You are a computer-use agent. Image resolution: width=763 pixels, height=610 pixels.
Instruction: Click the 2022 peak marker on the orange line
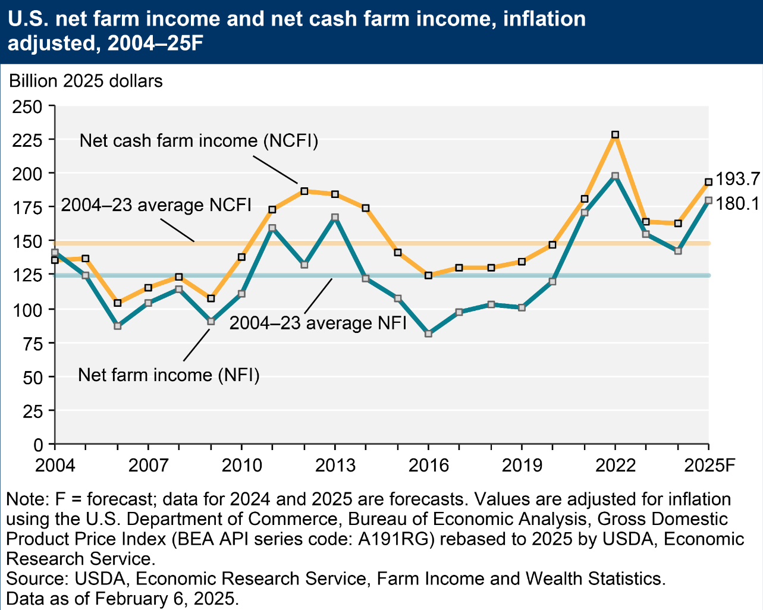click(616, 135)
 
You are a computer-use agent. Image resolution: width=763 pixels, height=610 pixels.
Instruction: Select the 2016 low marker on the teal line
click(428, 334)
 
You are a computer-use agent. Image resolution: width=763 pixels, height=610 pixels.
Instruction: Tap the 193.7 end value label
click(737, 179)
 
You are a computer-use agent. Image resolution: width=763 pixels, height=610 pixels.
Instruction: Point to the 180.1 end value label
click(737, 204)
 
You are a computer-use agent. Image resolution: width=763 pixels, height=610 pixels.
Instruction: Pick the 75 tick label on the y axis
click(34, 344)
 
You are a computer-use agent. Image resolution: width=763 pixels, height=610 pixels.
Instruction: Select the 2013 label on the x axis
click(335, 465)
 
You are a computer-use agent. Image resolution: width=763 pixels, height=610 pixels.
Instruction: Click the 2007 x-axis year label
click(148, 465)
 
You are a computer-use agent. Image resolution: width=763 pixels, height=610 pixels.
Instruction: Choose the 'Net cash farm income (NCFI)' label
click(199, 141)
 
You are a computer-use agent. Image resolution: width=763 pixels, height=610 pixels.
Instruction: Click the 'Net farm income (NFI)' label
click(169, 375)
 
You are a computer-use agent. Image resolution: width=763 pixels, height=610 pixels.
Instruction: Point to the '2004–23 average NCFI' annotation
click(156, 205)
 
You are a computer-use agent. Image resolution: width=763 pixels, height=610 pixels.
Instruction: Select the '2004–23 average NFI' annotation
click(318, 323)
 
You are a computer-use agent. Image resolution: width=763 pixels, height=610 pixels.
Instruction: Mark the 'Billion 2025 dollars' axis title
click(86, 81)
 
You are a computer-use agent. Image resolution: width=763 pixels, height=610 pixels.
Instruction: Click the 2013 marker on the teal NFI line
click(335, 218)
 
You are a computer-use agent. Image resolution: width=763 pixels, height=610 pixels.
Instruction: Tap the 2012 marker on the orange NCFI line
click(304, 191)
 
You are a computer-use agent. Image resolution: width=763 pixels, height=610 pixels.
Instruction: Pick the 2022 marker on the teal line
click(616, 176)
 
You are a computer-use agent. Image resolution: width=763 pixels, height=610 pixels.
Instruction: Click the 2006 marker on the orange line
click(117, 303)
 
